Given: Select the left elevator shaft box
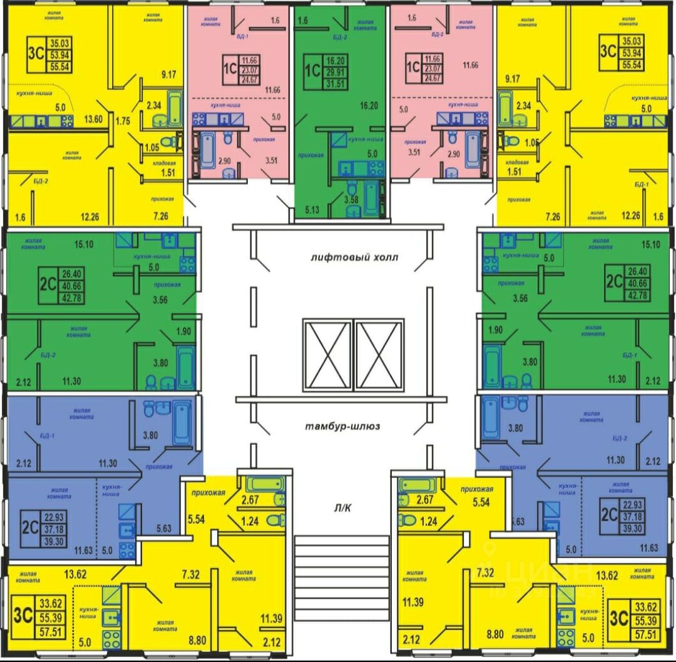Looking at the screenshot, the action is [x=327, y=355].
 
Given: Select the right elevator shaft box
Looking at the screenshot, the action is [x=378, y=355].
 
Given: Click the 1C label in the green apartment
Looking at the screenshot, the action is [x=312, y=66].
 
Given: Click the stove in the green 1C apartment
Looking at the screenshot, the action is [x=376, y=168].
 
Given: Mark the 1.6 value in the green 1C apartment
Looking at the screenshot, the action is [x=304, y=21].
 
